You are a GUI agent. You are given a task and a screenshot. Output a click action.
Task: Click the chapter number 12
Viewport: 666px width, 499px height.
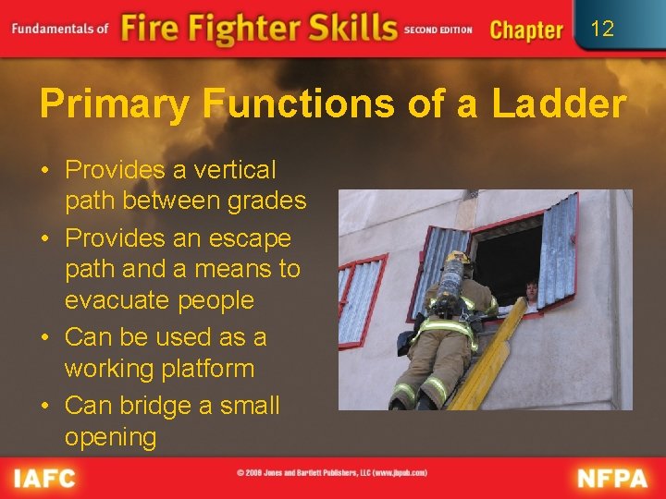click(x=602, y=29)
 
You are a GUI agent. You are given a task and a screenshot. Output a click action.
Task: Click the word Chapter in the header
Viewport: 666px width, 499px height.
click(x=526, y=30)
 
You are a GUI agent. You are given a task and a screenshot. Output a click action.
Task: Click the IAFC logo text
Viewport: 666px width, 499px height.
click(x=44, y=478)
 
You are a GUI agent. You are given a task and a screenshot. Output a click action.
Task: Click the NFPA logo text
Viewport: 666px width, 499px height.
click(x=613, y=478)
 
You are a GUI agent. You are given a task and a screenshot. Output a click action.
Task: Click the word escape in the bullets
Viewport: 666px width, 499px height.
click(x=248, y=238)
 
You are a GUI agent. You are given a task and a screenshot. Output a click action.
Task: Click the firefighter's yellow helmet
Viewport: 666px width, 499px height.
click(x=458, y=258)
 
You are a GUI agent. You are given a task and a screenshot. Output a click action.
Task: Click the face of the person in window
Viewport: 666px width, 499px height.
click(x=531, y=289)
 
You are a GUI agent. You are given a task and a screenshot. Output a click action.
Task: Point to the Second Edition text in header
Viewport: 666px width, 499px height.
click(x=438, y=30)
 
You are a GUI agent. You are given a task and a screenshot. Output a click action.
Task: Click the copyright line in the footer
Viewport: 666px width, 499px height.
click(x=331, y=473)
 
